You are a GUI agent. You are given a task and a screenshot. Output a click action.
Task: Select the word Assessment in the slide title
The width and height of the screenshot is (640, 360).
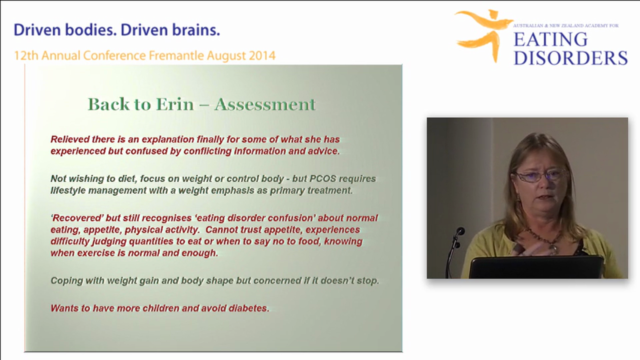coord(265,104)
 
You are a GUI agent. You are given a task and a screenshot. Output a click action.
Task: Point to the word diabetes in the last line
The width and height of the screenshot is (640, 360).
coord(247,308)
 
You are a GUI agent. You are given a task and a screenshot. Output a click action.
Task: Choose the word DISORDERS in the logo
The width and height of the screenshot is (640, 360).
coord(570,57)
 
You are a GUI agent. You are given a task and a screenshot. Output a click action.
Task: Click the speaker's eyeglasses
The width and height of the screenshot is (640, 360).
coord(540,175)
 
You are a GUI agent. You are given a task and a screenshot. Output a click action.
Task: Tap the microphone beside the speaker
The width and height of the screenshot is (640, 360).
coord(458,232)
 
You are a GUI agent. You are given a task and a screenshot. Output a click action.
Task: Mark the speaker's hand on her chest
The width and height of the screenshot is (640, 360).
coord(530,247)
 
